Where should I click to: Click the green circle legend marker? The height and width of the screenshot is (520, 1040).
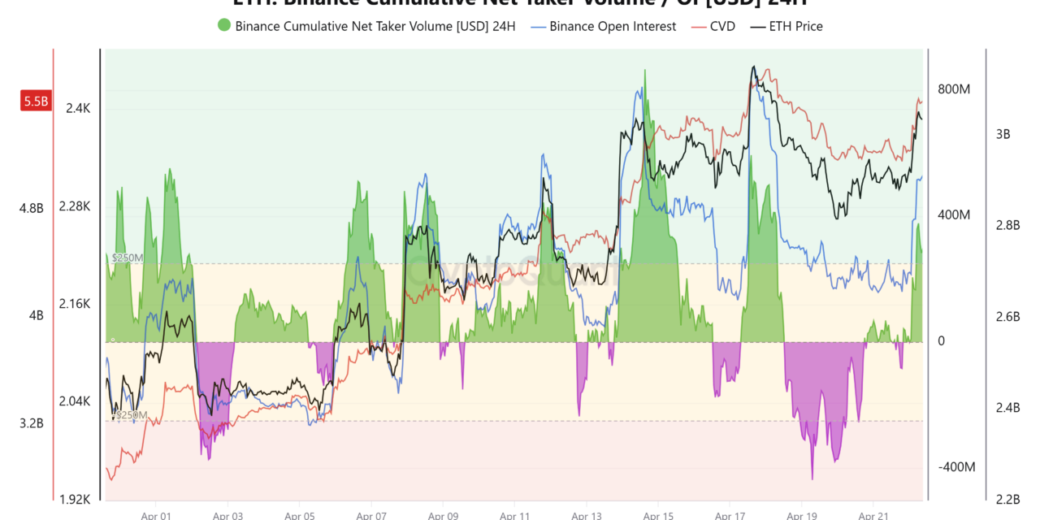tap(223, 26)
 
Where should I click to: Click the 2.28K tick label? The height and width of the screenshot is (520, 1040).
tap(75, 206)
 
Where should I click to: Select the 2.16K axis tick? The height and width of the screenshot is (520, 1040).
tap(75, 304)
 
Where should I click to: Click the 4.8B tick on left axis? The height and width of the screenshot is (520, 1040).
tap(32, 208)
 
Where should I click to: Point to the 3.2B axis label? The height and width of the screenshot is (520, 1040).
tap(32, 423)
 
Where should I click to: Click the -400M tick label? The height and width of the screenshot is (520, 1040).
tap(956, 467)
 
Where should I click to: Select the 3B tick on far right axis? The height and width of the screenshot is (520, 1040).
tap(1002, 134)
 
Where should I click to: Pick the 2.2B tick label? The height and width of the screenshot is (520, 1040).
tap(1002, 498)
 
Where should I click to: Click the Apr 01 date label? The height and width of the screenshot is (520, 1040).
tap(156, 515)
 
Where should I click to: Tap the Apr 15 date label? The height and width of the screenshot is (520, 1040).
tap(657, 515)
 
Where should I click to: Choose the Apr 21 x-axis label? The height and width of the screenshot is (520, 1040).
tap(872, 515)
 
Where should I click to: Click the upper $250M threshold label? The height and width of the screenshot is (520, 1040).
tap(127, 258)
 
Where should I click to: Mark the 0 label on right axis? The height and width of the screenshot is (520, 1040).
tap(942, 341)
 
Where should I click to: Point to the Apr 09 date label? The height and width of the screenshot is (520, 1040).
tap(443, 515)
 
